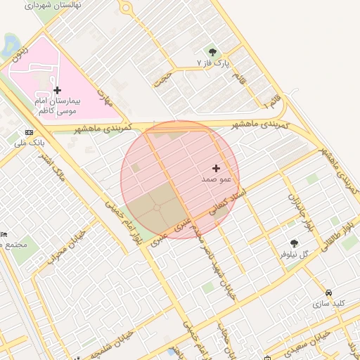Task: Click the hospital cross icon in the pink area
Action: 57,90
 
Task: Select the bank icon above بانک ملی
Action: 29,132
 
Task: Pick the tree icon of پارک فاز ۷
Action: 212,51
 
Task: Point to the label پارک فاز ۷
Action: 212,63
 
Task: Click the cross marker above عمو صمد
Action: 215,168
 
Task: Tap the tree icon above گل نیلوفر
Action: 294,243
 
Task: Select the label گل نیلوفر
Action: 295,254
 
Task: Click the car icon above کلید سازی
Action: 329,292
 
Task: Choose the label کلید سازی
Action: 330,303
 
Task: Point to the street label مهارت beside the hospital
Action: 105,98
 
